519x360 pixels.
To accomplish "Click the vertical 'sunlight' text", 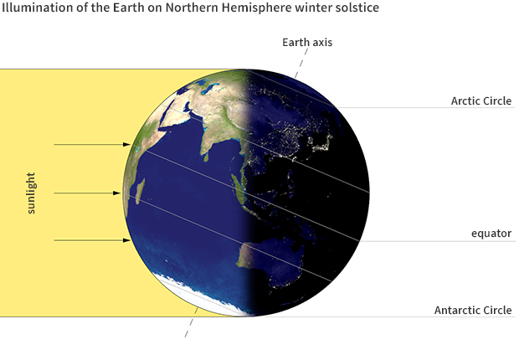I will [x=31, y=193].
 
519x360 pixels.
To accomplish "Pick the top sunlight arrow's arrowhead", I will [x=128, y=145].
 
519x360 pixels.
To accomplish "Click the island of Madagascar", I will [x=140, y=190].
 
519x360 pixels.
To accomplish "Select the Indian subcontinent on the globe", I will [x=210, y=134].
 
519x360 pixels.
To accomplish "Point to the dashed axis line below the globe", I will [x=190, y=327].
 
